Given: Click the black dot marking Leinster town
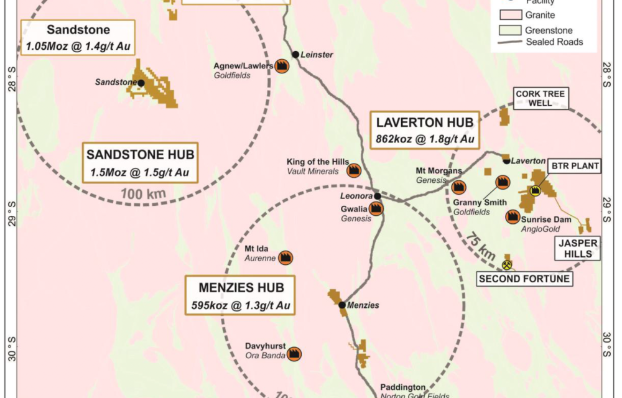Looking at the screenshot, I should [x=296, y=55].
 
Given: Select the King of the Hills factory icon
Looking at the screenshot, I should [x=354, y=169].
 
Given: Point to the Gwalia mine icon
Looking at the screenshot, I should [x=375, y=209].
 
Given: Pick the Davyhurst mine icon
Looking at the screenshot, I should [x=292, y=354].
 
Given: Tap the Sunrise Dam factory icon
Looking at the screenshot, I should [x=513, y=216].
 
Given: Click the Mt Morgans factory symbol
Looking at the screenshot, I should [x=459, y=187].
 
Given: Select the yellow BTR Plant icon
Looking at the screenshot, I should [x=535, y=192].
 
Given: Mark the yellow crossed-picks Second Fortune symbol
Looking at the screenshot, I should [x=508, y=266].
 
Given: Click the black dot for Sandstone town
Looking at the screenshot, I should [x=141, y=83].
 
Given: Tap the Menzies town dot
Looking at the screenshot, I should [x=341, y=305].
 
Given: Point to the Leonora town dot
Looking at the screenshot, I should [x=378, y=196].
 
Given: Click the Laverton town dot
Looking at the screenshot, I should [x=507, y=161].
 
